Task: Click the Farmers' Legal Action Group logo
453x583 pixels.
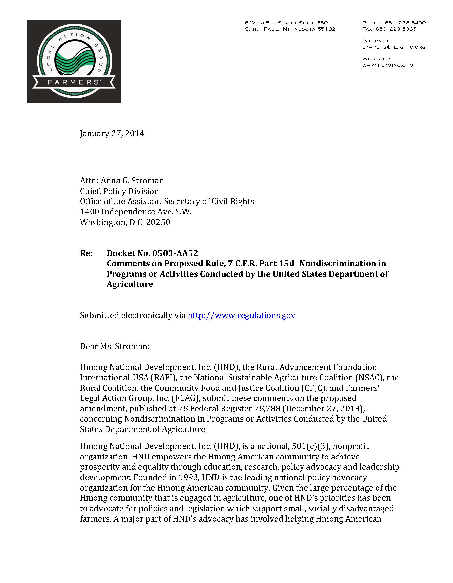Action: (74, 61)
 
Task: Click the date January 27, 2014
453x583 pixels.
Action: (112, 133)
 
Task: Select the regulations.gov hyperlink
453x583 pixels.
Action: (241, 315)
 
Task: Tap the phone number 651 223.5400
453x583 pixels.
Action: (405, 23)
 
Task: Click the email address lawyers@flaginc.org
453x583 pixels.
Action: (394, 47)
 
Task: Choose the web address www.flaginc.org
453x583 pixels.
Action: (388, 65)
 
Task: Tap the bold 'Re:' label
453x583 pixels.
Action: (86, 253)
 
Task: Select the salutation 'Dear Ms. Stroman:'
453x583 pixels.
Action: (115, 346)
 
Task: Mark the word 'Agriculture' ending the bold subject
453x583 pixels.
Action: (130, 284)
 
